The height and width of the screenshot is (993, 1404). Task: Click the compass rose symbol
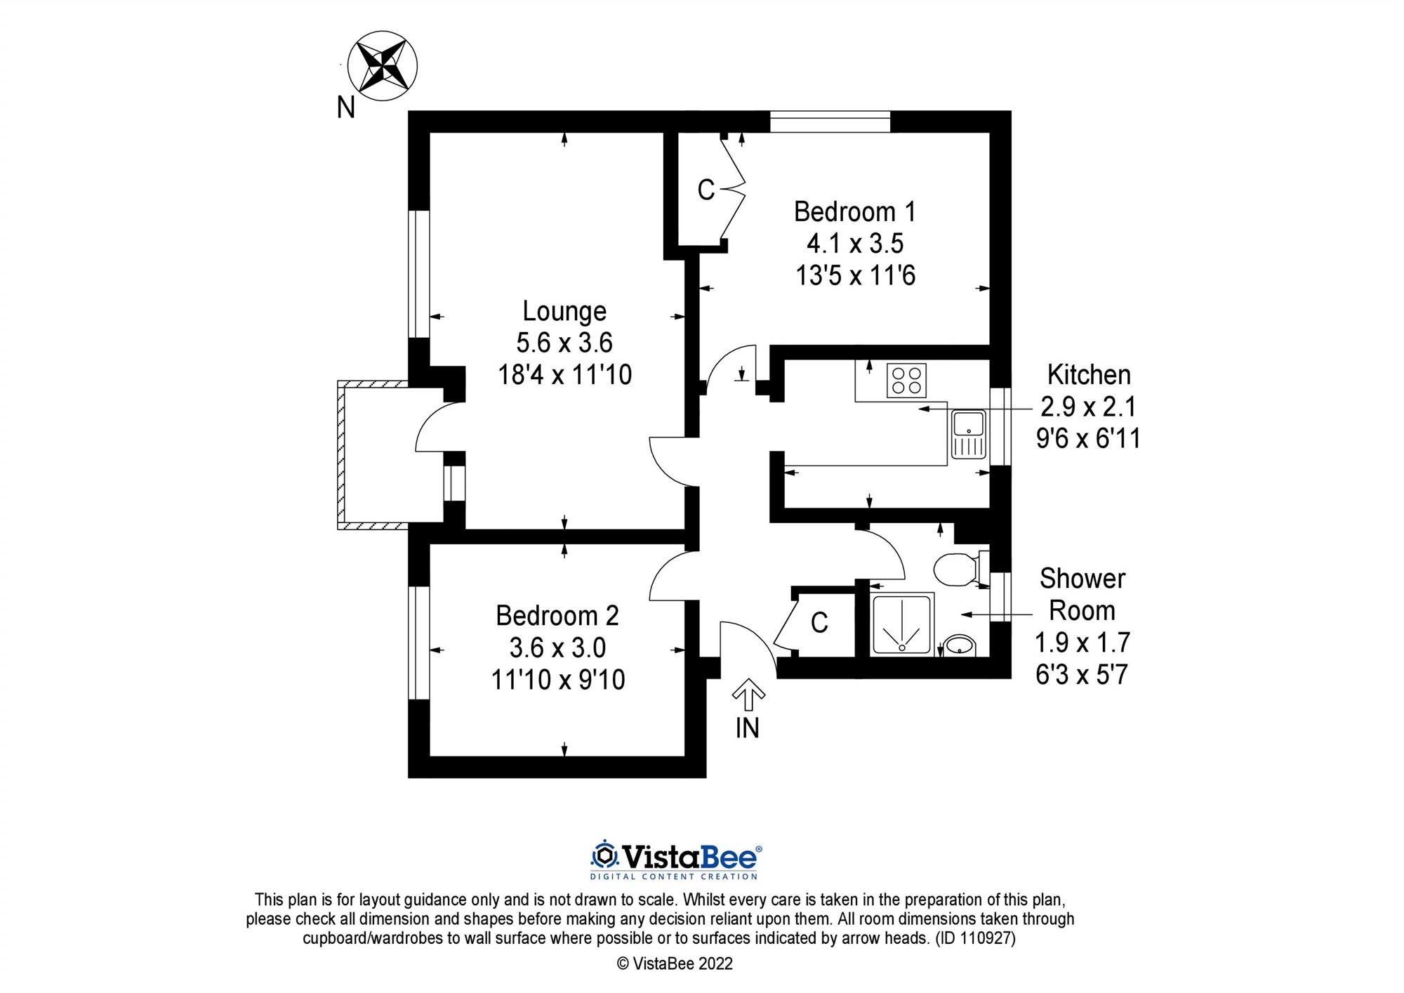pos(383,65)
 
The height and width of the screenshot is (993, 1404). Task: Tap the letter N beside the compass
pos(345,107)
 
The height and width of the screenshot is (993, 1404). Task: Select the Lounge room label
pos(564,311)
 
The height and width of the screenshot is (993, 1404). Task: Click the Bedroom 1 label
pos(854,211)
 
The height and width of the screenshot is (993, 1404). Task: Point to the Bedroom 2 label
pos(557,616)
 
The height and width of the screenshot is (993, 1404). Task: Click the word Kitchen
pos(1089,375)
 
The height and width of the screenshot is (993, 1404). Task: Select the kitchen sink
pos(969,435)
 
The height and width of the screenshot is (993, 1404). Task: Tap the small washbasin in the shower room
pos(959,644)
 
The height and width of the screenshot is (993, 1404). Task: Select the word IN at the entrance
pos(748,728)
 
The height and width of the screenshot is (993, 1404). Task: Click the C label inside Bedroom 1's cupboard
pos(706,190)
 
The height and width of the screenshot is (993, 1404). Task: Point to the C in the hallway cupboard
pos(819,623)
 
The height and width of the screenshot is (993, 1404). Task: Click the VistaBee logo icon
pos(604,855)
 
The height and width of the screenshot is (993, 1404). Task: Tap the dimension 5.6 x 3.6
pos(564,343)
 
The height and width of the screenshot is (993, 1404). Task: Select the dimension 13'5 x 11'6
pos(855,275)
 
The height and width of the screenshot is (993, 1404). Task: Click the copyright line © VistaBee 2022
pos(674,964)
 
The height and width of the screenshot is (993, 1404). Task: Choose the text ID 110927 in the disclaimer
pos(975,938)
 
